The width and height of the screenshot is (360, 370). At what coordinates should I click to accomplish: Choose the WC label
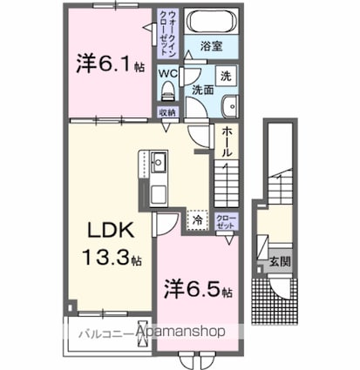(x=168, y=74)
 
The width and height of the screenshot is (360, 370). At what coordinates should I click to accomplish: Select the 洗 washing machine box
(x=224, y=77)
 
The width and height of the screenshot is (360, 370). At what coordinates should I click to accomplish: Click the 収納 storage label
(x=167, y=112)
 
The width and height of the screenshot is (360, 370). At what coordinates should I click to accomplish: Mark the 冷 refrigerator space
(x=198, y=221)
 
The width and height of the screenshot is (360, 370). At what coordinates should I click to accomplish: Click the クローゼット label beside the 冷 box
(x=225, y=221)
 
